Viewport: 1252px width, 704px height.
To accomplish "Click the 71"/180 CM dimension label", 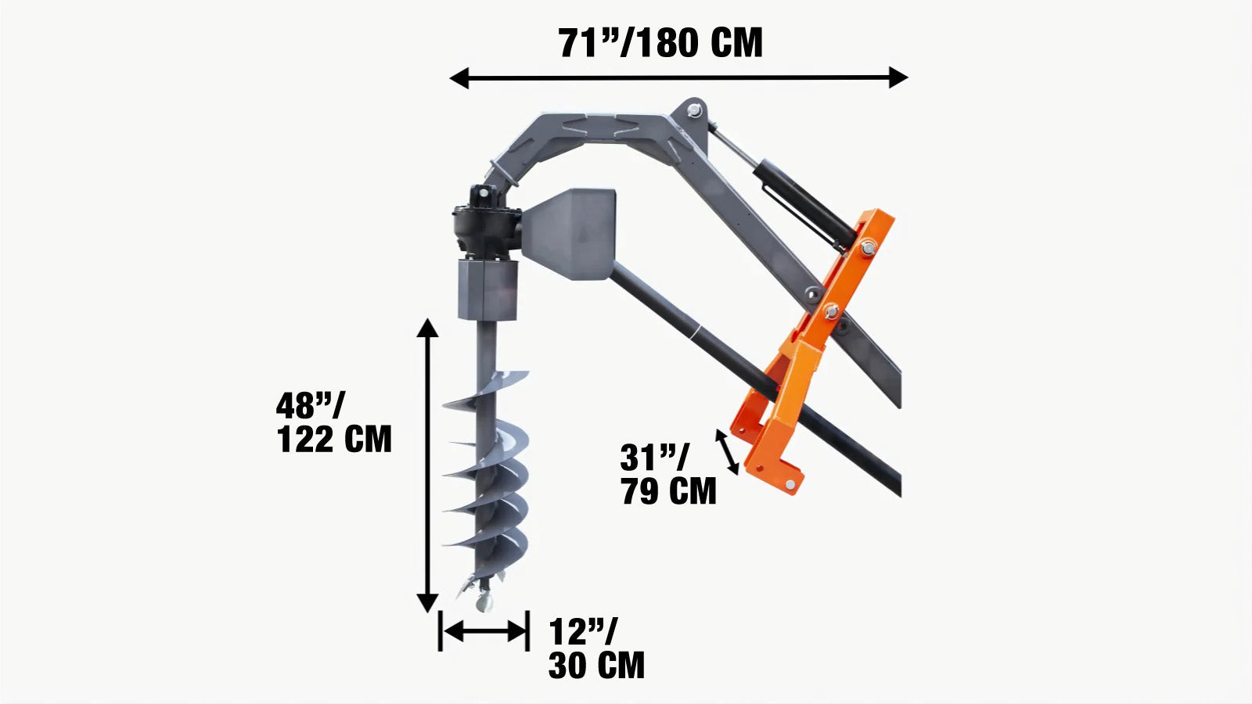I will (x=660, y=43).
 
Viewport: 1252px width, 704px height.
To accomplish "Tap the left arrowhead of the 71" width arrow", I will (x=459, y=77).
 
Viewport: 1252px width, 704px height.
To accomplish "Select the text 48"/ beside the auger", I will (x=310, y=406).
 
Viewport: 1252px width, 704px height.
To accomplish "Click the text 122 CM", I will (x=334, y=440).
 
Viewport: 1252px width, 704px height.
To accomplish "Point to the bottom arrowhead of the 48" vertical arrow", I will (x=427, y=603).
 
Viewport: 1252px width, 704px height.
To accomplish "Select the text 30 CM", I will (x=596, y=666).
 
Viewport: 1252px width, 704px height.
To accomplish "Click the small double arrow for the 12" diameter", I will (x=484, y=631).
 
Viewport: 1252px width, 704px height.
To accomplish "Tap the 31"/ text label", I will (x=655, y=458).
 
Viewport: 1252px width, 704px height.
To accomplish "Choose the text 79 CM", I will (x=668, y=491).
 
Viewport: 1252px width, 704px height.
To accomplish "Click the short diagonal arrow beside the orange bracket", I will (x=728, y=451).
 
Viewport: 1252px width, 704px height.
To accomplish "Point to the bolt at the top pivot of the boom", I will (x=693, y=111).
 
